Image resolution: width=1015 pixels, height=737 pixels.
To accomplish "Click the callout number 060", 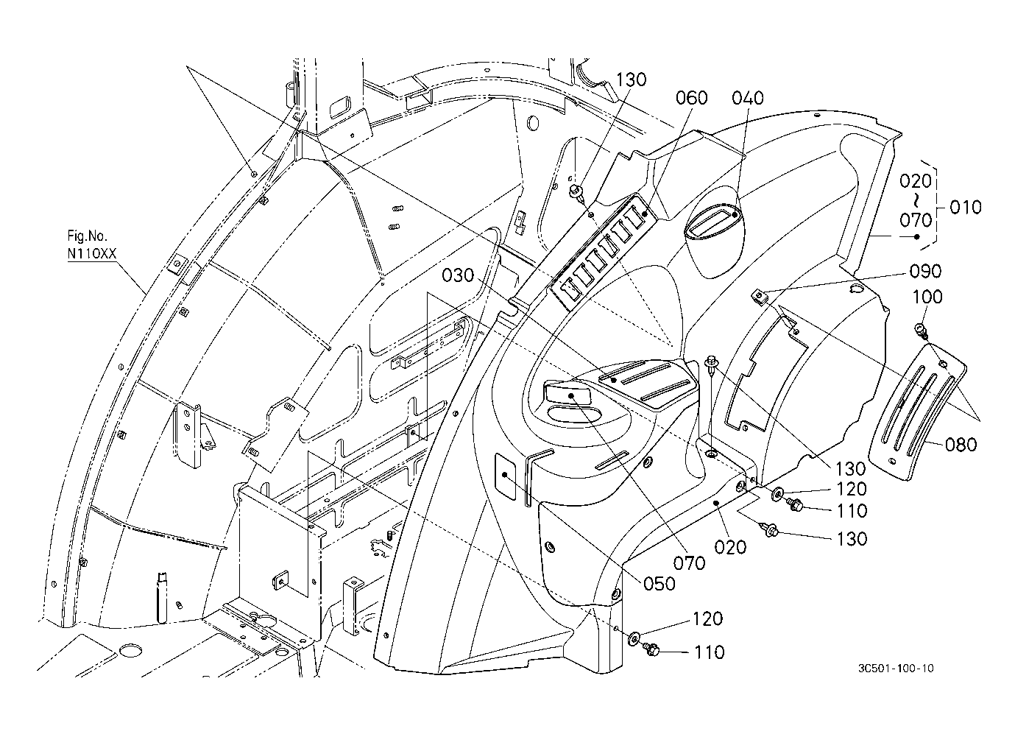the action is click(x=691, y=98).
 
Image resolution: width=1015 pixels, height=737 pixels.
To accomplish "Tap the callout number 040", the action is click(x=748, y=98).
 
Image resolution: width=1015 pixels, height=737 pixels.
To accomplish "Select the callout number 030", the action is click(x=458, y=275).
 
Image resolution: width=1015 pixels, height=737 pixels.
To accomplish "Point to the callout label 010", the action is click(x=966, y=208).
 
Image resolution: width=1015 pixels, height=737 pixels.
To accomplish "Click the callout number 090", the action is click(x=925, y=271).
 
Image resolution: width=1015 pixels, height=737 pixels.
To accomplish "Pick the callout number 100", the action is click(x=927, y=297).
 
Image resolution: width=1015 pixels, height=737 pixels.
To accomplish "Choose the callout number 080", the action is click(x=961, y=445).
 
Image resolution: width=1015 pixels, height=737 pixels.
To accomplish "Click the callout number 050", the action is click(x=659, y=584).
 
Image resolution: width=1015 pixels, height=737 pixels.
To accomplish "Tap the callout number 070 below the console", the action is click(x=689, y=563).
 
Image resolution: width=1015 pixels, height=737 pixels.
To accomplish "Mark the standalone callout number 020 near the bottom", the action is click(x=730, y=548).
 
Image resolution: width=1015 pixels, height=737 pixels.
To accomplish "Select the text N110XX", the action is click(x=92, y=253).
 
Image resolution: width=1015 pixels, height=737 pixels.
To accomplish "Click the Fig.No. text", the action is click(x=88, y=236).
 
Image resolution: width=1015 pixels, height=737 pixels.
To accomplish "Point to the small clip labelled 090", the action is click(x=760, y=297).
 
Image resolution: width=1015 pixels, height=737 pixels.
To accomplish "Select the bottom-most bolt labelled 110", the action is click(x=651, y=650).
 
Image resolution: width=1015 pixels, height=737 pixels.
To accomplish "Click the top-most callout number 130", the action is click(x=632, y=80).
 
